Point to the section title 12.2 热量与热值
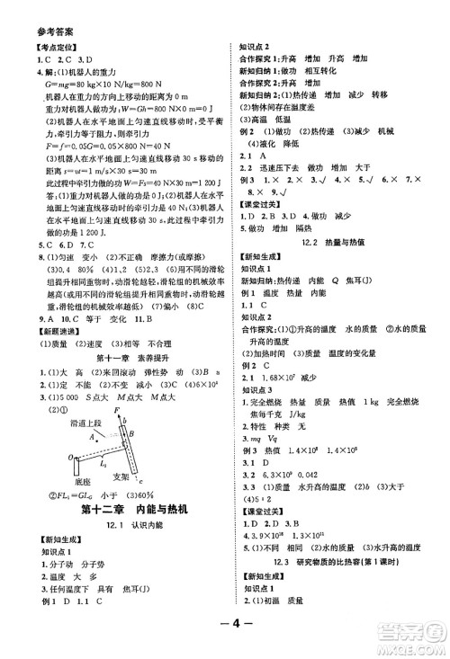pos(332,242)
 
